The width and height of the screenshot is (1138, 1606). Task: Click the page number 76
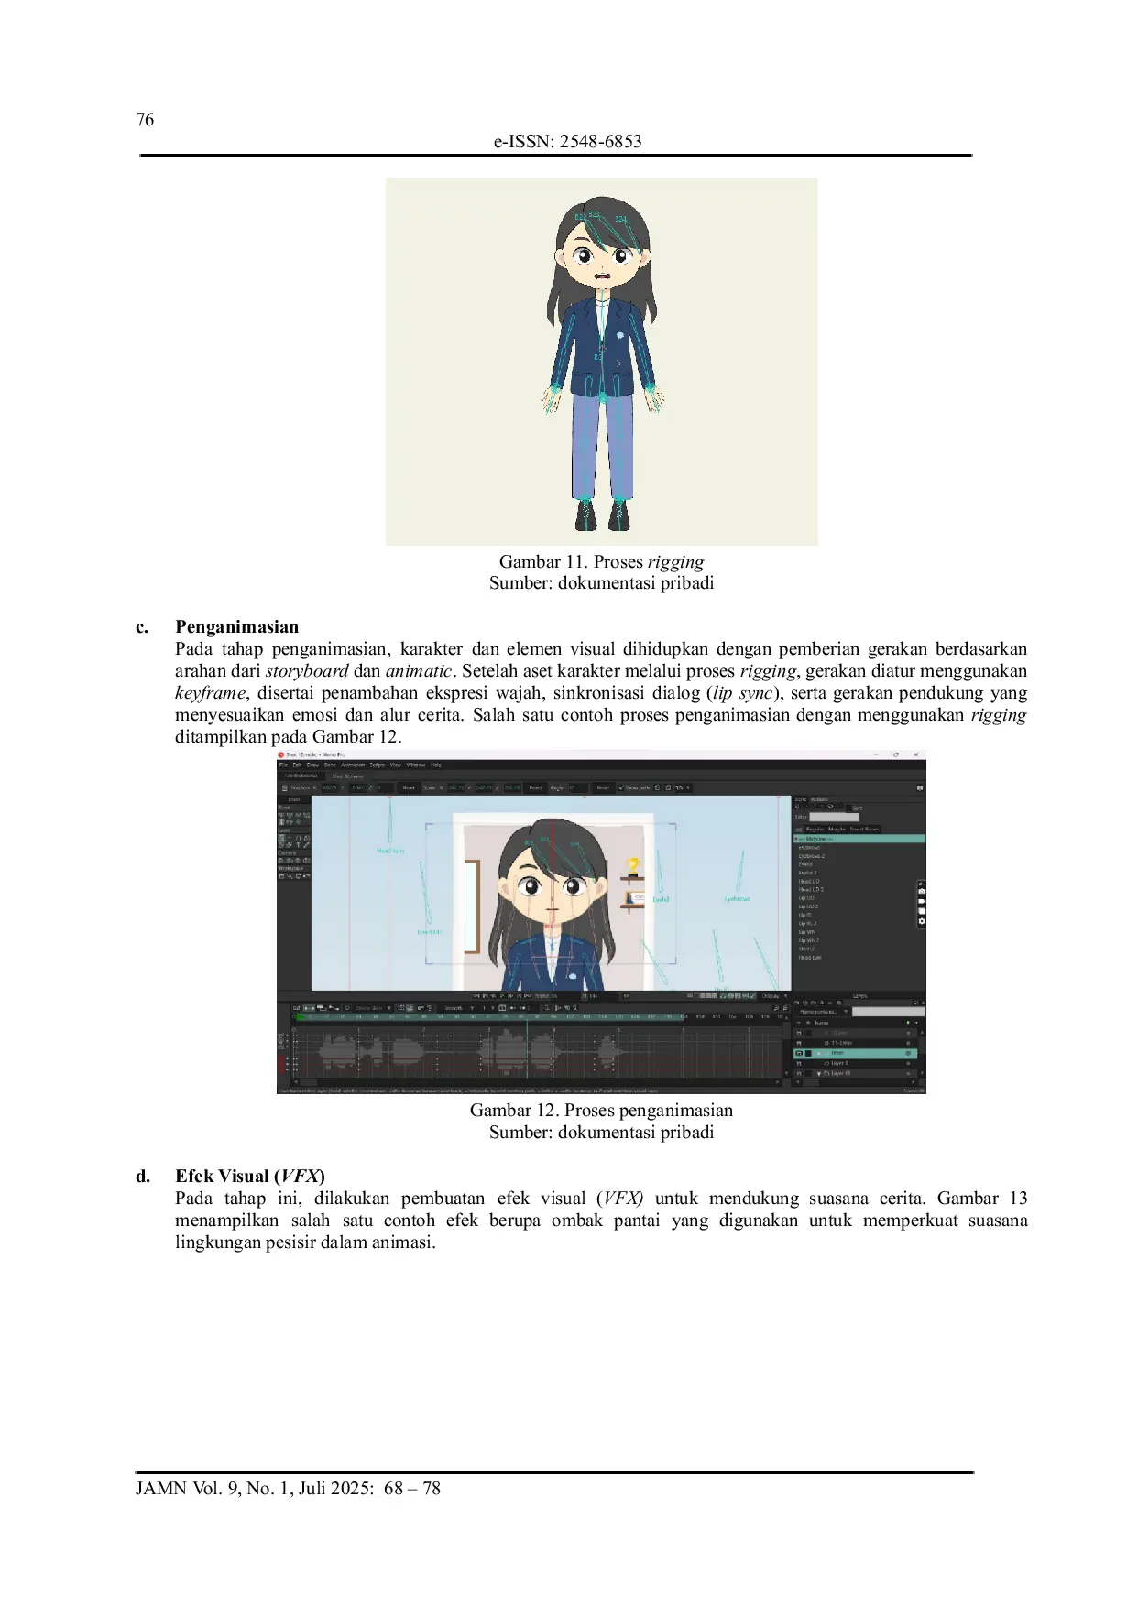click(x=145, y=119)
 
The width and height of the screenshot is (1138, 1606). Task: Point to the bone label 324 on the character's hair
click(x=620, y=220)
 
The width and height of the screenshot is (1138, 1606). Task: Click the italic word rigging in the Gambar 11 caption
click(x=675, y=561)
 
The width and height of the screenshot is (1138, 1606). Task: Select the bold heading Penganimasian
click(x=236, y=627)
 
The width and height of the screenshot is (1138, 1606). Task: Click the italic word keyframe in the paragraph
click(x=210, y=693)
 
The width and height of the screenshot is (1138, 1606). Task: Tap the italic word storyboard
click(x=307, y=671)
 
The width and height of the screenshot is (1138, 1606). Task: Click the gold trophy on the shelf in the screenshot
click(x=631, y=864)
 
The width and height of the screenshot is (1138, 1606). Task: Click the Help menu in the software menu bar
click(x=436, y=765)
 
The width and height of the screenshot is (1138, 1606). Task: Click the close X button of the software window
click(x=915, y=754)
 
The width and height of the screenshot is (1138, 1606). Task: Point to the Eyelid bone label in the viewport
click(x=661, y=899)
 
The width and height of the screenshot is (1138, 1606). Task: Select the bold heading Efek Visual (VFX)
click(x=250, y=1177)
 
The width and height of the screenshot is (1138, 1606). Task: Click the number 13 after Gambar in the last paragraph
click(x=1018, y=1199)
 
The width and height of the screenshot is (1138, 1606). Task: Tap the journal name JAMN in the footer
click(x=161, y=1488)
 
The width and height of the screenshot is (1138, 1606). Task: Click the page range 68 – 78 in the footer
click(x=412, y=1488)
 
